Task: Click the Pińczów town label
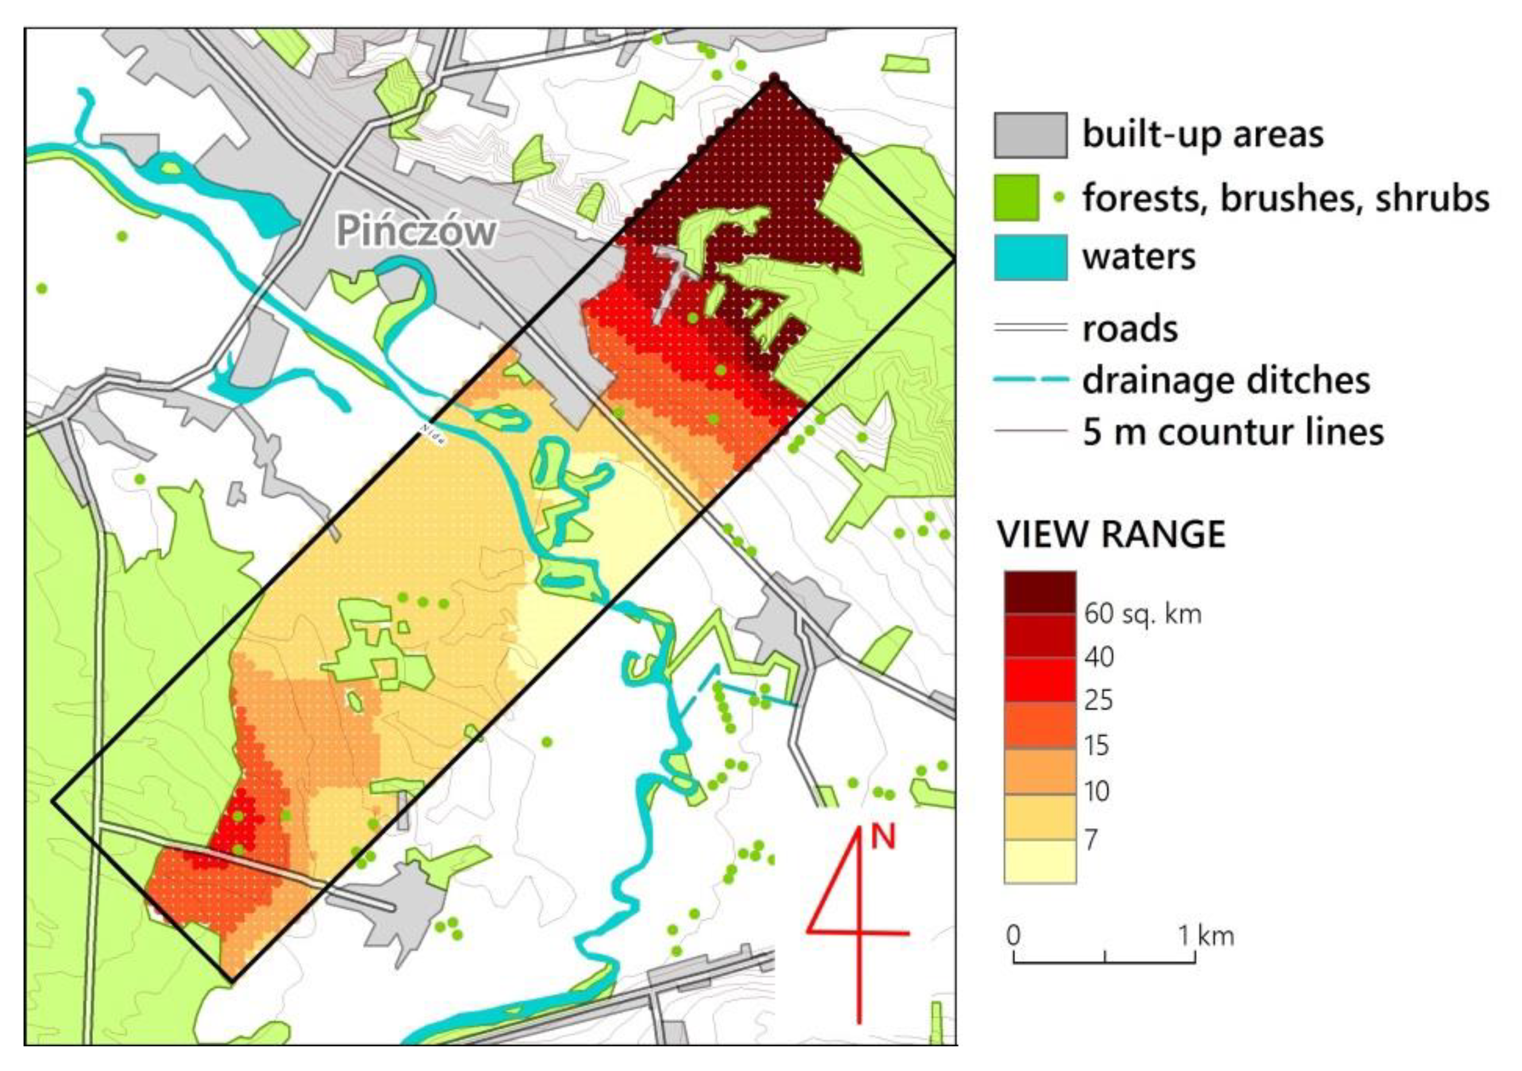(416, 231)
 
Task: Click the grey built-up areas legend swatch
(1030, 135)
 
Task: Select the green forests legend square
(1016, 197)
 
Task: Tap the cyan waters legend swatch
(1030, 258)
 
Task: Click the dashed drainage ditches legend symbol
(1030, 380)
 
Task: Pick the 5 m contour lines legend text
(1233, 432)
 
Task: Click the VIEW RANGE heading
(1111, 534)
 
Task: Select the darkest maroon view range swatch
(1039, 592)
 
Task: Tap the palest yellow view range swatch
(1039, 862)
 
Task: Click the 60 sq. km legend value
(1142, 614)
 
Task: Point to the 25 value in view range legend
(1098, 701)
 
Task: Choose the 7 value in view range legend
(1091, 840)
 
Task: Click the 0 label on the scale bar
(1013, 935)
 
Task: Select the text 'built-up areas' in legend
(1202, 134)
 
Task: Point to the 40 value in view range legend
(1098, 657)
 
